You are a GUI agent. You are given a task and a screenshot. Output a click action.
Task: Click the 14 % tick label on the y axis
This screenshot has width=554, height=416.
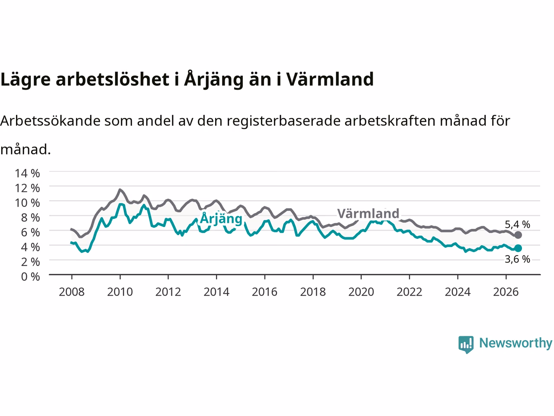point(27,173)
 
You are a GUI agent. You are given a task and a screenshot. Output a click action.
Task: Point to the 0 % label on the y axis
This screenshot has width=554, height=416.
point(30,277)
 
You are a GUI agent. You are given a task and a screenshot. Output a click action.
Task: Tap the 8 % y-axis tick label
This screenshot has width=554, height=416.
point(30,218)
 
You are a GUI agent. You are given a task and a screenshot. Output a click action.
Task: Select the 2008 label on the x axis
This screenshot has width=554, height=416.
point(72,292)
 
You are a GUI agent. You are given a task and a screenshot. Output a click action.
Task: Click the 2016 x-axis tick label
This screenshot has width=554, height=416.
point(264,292)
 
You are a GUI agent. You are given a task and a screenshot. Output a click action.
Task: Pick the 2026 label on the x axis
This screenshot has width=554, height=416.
point(506,292)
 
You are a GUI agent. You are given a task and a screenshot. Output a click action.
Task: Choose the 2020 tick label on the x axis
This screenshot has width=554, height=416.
point(361,292)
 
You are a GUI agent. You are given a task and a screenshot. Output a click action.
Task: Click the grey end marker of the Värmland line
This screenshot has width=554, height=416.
point(518,235)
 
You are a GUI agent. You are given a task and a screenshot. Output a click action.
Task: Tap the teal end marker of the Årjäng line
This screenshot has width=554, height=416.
point(518,248)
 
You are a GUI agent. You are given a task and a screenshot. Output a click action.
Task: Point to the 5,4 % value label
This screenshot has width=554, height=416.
point(517,224)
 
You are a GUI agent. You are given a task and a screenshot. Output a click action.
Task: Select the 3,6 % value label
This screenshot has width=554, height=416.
point(517,259)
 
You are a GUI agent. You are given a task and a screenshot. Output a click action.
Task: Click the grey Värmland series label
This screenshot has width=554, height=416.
point(368,214)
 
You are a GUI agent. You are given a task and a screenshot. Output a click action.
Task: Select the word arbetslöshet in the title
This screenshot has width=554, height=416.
point(112,79)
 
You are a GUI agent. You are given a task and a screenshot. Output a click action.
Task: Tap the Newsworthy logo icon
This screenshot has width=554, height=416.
point(466,344)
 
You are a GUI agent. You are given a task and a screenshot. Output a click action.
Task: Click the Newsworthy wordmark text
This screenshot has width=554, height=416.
point(516,343)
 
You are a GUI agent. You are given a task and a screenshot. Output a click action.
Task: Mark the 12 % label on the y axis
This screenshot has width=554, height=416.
point(27,188)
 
